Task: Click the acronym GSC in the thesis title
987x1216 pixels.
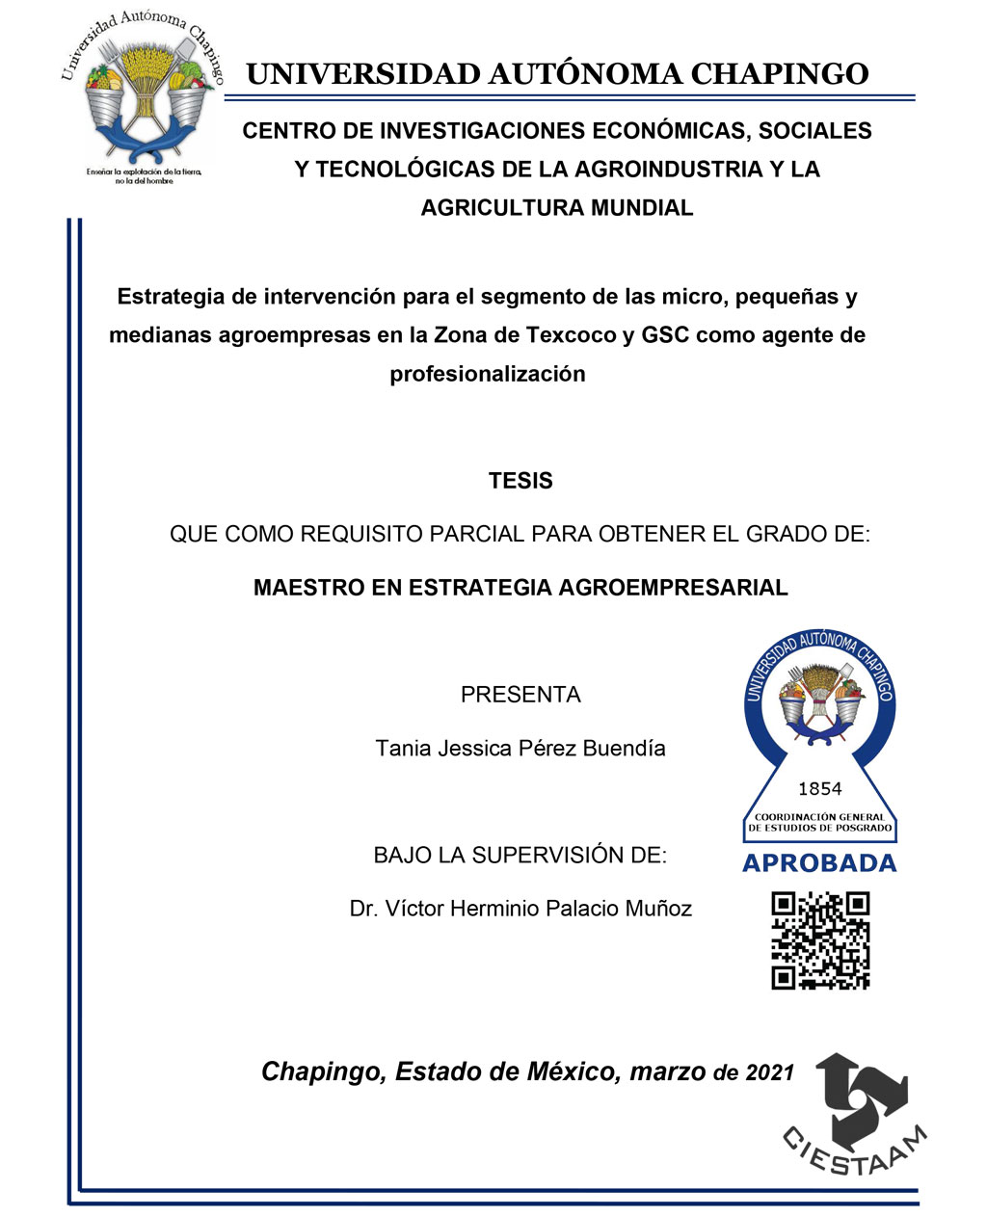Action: pyautogui.click(x=665, y=335)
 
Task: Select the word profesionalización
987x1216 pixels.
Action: pyautogui.click(x=487, y=374)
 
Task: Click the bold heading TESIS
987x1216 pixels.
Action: pyautogui.click(x=520, y=481)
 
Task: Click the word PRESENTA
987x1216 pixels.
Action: pyautogui.click(x=520, y=695)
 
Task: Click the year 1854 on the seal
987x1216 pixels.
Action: pyautogui.click(x=820, y=789)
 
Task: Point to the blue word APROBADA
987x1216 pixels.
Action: pyautogui.click(x=819, y=863)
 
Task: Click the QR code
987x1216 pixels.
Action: pyautogui.click(x=820, y=940)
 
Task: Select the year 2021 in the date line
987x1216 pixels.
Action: pyautogui.click(x=769, y=1073)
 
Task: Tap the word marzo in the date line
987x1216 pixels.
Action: pyautogui.click(x=667, y=1072)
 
